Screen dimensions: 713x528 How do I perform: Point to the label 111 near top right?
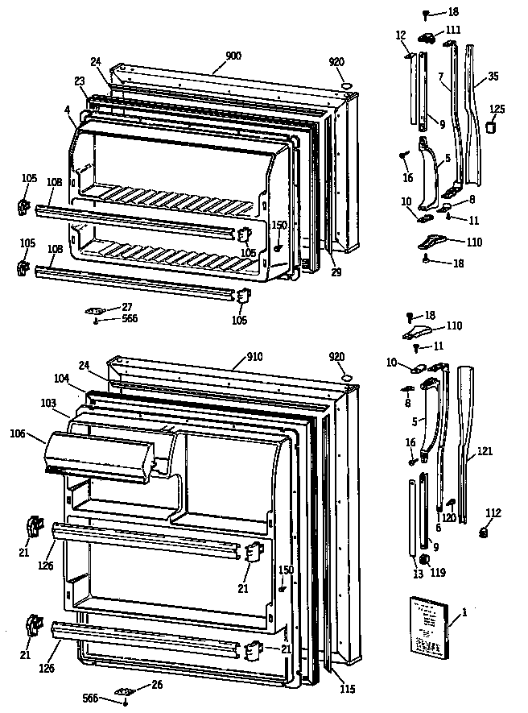tap(453, 29)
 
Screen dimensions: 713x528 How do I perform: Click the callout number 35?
tap(493, 77)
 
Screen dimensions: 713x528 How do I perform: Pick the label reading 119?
tap(437, 574)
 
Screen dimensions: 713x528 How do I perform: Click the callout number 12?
tap(401, 34)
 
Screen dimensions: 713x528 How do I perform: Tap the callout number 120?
tap(448, 518)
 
